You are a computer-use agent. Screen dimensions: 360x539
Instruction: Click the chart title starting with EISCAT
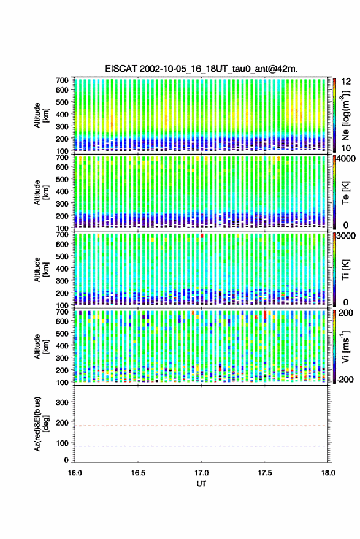coord(202,69)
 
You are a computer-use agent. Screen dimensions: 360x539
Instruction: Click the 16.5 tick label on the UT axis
coord(138,473)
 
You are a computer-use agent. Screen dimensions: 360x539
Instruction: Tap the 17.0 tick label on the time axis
coord(201,473)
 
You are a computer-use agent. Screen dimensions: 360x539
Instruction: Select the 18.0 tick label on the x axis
coord(328,473)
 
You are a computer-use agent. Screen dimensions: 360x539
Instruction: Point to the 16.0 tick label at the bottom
coord(75,473)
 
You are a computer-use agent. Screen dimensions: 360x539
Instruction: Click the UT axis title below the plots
coord(201,484)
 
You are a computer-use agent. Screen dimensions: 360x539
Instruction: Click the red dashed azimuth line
coord(201,426)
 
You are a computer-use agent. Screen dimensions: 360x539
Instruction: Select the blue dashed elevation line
coord(201,446)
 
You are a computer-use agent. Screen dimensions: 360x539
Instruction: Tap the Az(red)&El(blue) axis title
coord(42,424)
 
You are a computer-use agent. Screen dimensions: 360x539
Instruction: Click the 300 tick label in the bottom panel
coord(62,402)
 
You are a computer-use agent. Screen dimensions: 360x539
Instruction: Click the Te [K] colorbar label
coord(345,193)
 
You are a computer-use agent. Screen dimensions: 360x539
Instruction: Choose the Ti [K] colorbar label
coord(345,270)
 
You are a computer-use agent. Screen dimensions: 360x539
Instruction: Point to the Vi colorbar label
coord(345,346)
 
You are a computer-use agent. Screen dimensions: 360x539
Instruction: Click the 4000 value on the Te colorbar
coord(347,159)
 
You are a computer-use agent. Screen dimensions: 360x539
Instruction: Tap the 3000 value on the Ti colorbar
coord(347,236)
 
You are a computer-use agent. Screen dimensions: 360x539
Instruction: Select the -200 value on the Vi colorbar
coord(345,380)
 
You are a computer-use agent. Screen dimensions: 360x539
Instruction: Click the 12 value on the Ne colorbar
coord(347,82)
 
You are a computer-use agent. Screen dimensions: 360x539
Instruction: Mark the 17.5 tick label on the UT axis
coord(264,473)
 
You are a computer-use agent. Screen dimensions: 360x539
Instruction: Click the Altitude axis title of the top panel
coord(42,115)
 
